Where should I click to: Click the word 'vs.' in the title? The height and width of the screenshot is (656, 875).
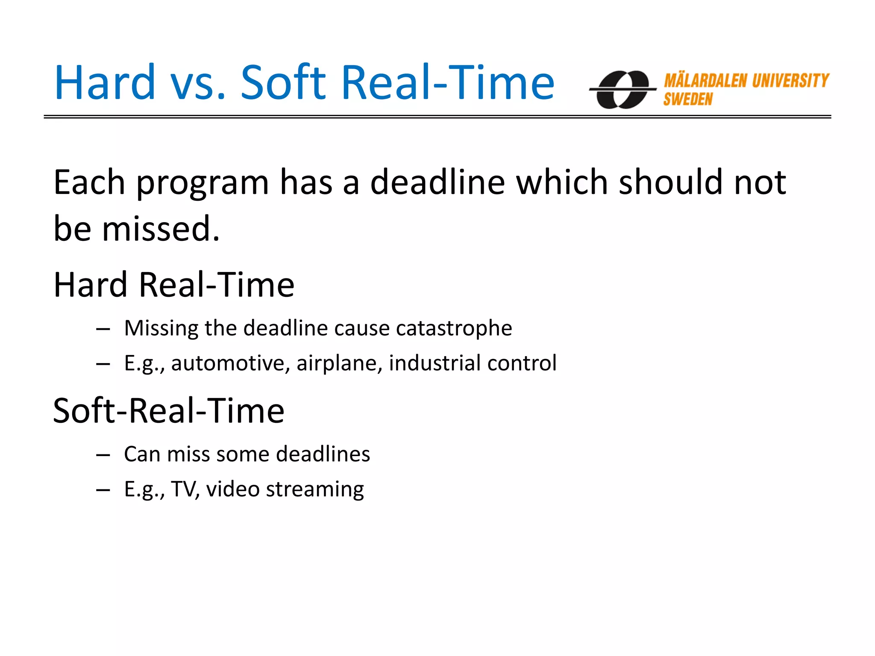[x=198, y=83]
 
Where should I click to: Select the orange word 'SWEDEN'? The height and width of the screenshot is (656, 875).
[x=688, y=100]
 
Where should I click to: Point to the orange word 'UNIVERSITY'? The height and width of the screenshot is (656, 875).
[x=790, y=81]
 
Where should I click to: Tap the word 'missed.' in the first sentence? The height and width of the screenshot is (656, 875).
[x=161, y=229]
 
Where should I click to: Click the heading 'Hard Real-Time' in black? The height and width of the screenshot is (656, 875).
[x=174, y=285]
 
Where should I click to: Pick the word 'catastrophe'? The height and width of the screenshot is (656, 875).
[x=454, y=328]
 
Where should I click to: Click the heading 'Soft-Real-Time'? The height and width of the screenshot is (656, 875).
[x=169, y=411]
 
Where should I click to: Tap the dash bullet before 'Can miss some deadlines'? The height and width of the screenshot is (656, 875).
[x=103, y=455]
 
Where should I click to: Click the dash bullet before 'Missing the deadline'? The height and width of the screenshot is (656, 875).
[x=103, y=329]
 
